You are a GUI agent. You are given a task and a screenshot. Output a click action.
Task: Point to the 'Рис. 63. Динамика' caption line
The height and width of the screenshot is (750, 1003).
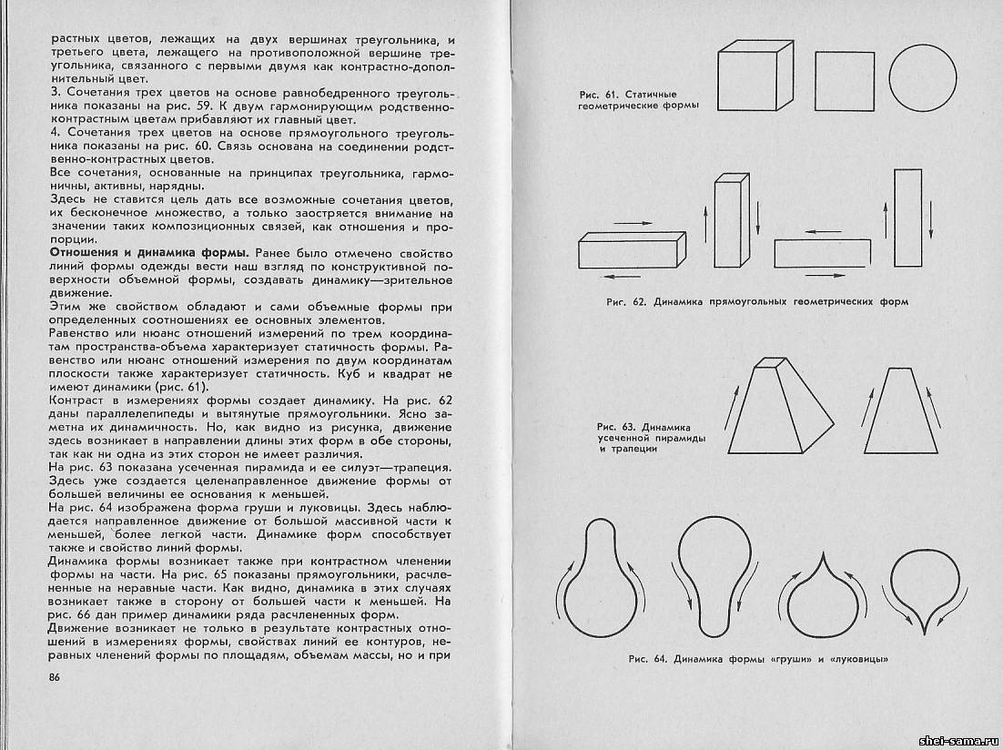coord(643,426)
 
